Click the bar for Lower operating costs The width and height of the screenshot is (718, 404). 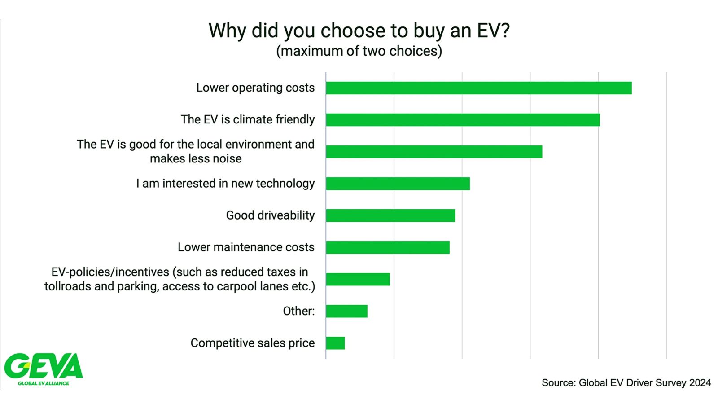pos(478,88)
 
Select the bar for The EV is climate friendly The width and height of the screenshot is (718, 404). pos(463,120)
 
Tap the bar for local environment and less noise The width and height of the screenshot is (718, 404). pos(434,152)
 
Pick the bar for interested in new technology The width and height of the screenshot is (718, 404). pos(398,184)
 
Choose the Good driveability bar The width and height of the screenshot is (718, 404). pos(390,215)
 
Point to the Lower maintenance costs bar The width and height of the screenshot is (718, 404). pos(388,247)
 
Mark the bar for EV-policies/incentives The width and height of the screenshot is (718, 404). pos(358,279)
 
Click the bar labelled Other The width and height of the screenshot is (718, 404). pos(346,311)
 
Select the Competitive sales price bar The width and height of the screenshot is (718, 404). pos(335,343)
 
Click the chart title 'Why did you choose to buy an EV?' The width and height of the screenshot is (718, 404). pos(359,31)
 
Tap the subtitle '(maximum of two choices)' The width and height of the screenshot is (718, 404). pos(359,51)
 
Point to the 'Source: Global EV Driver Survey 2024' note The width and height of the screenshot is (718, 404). pos(626,383)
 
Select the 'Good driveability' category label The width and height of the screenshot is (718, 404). pos(270,215)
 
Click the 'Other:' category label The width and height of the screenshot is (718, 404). pos(298,311)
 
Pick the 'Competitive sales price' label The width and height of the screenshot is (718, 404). pos(253,343)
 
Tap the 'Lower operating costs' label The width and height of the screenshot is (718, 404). pos(255,88)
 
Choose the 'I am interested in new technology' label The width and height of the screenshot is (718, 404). pos(225,184)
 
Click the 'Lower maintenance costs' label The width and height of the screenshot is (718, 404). pos(246,247)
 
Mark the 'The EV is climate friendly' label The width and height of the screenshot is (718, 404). pos(248,120)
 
